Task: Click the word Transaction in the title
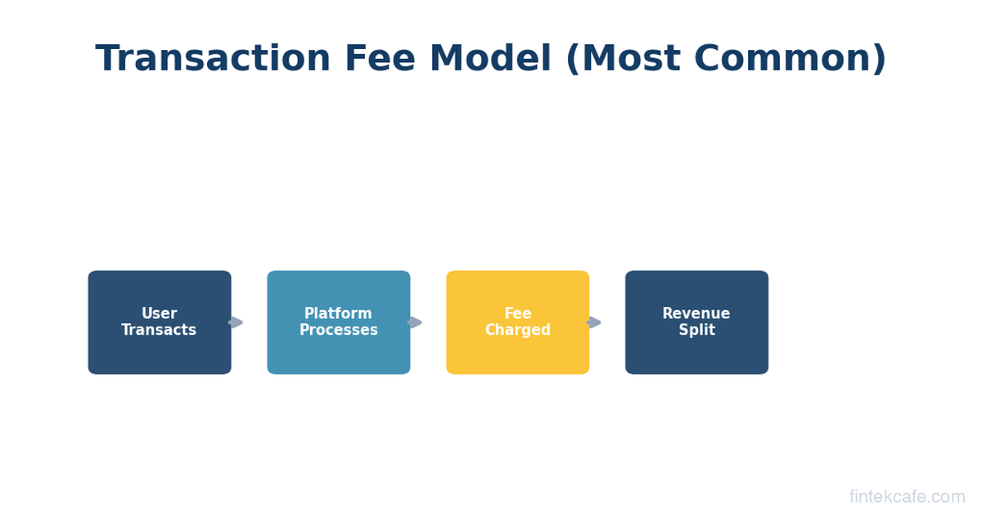coord(213,58)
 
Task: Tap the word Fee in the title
coord(380,58)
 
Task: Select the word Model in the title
coord(490,58)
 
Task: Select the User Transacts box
coord(160,322)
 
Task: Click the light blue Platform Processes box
coord(339,322)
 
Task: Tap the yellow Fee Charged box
coord(518,322)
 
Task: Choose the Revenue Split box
coord(696,322)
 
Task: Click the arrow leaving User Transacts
coord(236,322)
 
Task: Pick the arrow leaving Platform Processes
coord(414,322)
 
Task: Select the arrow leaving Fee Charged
coord(593,322)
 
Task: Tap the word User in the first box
coord(159,313)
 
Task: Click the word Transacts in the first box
coord(159,330)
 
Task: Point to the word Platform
coord(338,313)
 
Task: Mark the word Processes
coord(339,330)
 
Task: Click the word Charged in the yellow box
coord(518,330)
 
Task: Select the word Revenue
coord(696,313)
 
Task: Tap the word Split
coord(697,330)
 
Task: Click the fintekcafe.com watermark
coord(907,497)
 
